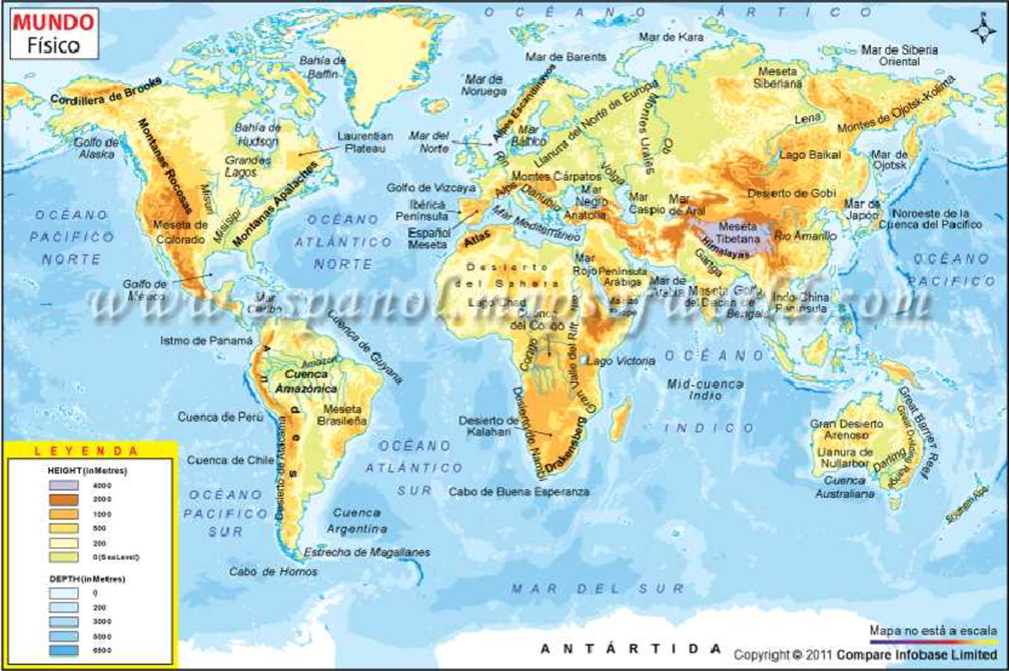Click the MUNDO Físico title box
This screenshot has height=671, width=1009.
click(54, 33)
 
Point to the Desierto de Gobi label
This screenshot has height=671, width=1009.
click(793, 193)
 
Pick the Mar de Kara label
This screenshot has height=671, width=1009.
click(671, 37)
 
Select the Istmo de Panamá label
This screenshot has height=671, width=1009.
click(206, 341)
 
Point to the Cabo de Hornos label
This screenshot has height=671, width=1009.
click(273, 572)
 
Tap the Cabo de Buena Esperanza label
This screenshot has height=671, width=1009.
click(519, 491)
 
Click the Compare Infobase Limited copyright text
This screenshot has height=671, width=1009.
click(867, 654)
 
